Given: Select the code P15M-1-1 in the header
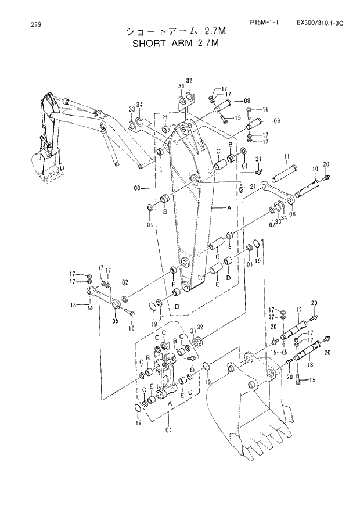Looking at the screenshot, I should [264, 23].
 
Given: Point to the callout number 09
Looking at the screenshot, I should [276, 121].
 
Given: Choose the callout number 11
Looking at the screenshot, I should [287, 157].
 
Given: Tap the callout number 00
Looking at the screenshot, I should [136, 188].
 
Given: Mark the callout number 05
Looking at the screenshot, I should [116, 321].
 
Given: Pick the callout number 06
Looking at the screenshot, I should [292, 214].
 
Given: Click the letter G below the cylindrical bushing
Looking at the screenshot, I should [217, 256].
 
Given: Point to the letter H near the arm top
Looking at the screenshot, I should [165, 117].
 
